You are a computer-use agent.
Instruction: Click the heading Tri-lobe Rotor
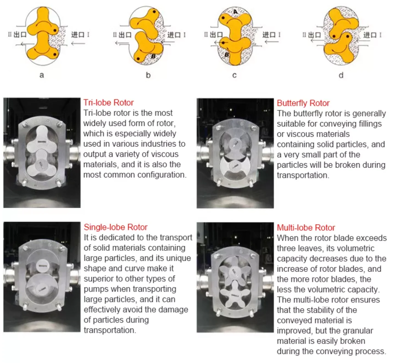pyautogui.click(x=108, y=103)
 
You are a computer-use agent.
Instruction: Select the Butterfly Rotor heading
pyautogui.click(x=303, y=103)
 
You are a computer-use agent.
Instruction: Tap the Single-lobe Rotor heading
pyautogui.click(x=115, y=227)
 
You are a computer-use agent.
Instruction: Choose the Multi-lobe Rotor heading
pyautogui.click(x=306, y=228)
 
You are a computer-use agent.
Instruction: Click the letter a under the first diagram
pyautogui.click(x=42, y=75)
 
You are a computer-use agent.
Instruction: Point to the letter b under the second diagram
pyautogui.click(x=148, y=75)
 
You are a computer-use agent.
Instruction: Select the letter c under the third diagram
pyautogui.click(x=234, y=75)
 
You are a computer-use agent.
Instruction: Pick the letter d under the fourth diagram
pyautogui.click(x=341, y=75)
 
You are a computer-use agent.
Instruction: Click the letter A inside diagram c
pyautogui.click(x=235, y=12)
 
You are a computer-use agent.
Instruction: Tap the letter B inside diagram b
pyautogui.click(x=153, y=56)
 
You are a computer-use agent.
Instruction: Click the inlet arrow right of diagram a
pyautogui.click(x=78, y=43)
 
